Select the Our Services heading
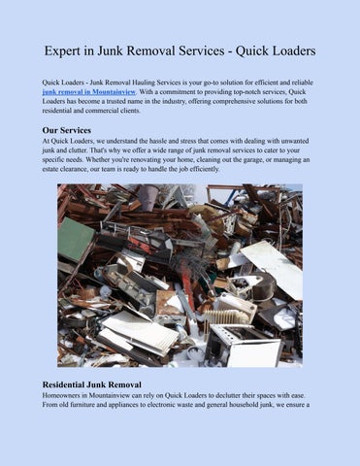point(68,129)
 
